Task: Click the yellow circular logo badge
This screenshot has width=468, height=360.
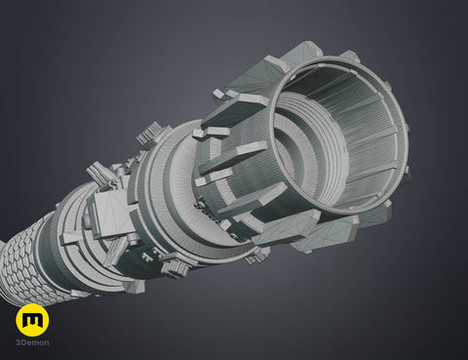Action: click(x=32, y=320)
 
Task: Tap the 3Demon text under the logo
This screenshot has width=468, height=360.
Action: click(x=33, y=342)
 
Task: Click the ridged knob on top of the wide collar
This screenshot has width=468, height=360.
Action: click(x=149, y=135)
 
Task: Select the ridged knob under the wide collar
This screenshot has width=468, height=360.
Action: click(x=175, y=268)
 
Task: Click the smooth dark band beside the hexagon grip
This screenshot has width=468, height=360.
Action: click(x=49, y=251)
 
